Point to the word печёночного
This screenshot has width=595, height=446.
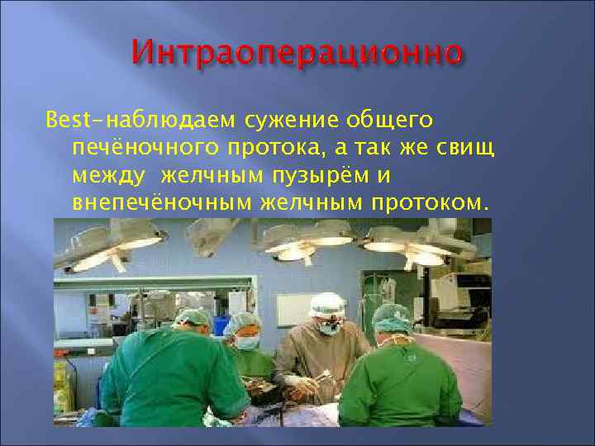pos(141,149)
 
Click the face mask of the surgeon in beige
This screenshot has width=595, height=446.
pos(330,328)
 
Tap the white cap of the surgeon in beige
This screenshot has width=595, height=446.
pos(327,303)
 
